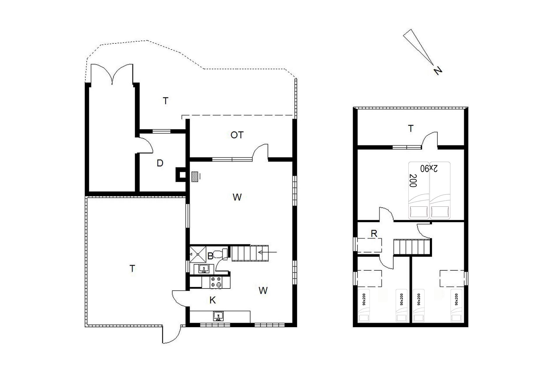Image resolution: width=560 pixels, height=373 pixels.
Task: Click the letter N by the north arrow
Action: (438, 71)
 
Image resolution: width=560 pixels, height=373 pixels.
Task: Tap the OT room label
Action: (237, 135)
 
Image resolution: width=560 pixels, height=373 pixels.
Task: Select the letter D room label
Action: (160, 163)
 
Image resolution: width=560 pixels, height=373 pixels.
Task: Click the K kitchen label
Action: (213, 300)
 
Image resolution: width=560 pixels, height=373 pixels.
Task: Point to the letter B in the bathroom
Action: (210, 256)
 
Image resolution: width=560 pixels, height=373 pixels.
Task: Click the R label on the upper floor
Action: (374, 233)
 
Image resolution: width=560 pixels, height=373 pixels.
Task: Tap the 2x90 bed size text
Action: (429, 168)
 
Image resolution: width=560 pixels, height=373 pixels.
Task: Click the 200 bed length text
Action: (413, 180)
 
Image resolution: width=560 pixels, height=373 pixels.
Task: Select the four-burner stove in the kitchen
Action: (216, 282)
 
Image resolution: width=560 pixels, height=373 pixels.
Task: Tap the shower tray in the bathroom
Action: (198, 254)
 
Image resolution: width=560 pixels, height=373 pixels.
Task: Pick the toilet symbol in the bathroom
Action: (220, 254)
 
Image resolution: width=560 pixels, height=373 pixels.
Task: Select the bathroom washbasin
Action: (204, 268)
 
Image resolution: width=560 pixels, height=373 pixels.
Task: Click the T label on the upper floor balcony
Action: (411, 129)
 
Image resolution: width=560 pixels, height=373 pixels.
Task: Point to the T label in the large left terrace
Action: (132, 268)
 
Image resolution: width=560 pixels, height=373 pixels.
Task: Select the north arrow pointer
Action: (419, 47)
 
